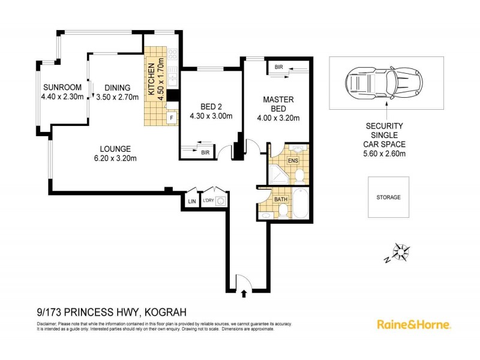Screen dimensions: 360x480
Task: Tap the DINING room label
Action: point(118,87)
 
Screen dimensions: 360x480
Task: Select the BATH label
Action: point(280,199)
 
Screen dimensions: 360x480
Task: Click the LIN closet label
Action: point(192,201)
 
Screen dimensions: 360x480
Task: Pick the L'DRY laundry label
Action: point(208,200)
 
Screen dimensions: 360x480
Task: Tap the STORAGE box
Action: point(388,197)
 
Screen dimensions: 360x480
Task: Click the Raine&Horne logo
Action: point(414,324)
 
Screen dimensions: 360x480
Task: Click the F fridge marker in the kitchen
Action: point(172,118)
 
